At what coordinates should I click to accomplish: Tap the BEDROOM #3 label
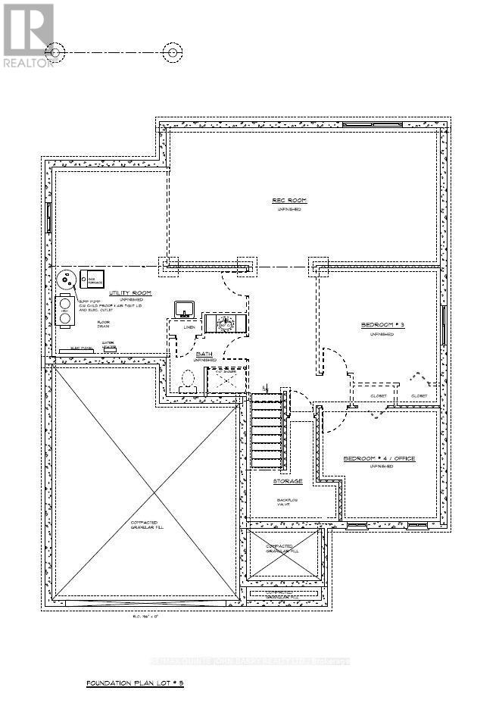point(382,325)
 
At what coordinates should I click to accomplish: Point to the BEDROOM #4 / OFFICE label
point(379,459)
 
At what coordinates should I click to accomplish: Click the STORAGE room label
point(288,481)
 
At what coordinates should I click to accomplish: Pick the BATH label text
point(204,354)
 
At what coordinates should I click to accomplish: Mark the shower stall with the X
point(224,378)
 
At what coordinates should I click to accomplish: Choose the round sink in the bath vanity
point(225,323)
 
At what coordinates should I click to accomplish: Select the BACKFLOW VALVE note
point(288,504)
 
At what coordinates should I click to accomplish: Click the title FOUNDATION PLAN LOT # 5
point(136,683)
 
